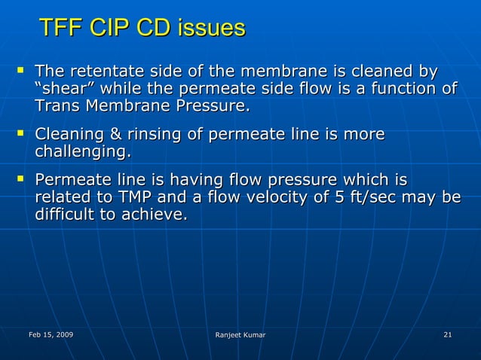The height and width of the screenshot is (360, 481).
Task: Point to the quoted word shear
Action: (x=62, y=90)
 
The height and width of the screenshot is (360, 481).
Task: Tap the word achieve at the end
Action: (x=157, y=215)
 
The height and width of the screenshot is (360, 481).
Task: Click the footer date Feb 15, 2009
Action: (x=51, y=334)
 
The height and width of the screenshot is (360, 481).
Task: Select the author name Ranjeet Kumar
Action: (x=240, y=334)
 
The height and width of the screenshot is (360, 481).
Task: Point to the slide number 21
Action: (x=448, y=334)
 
